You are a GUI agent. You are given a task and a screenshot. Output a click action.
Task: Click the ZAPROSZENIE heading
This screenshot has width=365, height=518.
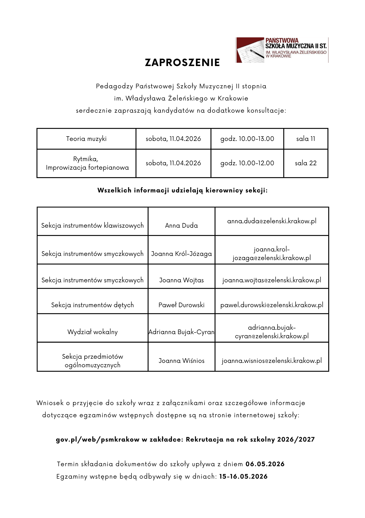coord(182,63)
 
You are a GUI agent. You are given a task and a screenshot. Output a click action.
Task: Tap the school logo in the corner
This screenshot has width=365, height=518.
coord(282,50)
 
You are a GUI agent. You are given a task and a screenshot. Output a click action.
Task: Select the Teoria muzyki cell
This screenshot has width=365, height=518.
coord(86,139)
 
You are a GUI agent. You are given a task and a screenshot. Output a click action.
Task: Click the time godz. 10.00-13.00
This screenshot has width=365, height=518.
coord(247,139)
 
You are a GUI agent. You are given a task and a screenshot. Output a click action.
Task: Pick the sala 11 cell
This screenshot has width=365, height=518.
coord(306,139)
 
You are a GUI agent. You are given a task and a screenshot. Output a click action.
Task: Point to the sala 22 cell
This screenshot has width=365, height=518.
coord(306,163)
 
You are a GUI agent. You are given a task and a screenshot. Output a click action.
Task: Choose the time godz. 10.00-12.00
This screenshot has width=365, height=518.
coord(247,163)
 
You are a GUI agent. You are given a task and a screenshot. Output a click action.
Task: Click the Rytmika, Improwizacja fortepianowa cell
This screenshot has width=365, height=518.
coord(87,163)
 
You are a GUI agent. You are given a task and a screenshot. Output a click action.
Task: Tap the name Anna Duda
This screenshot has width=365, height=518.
coord(181,226)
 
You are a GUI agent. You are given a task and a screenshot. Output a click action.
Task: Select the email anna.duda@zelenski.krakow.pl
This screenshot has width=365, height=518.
coord(272,221)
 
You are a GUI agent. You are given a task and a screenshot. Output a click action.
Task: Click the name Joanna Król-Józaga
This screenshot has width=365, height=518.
coord(181,254)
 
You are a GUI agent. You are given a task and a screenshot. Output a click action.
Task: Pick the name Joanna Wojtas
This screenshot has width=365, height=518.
coord(181,280)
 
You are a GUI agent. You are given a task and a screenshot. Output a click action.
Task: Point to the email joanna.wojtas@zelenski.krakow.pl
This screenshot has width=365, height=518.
coord(272,280)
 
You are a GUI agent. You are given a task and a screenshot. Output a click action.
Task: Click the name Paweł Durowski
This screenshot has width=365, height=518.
coord(181,305)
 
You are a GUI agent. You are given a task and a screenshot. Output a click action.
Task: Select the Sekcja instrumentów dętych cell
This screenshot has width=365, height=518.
coord(92,305)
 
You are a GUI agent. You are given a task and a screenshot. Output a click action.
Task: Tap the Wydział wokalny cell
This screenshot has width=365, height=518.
coord(92,332)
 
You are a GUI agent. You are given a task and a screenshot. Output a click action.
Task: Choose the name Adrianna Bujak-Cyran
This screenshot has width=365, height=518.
coord(181,332)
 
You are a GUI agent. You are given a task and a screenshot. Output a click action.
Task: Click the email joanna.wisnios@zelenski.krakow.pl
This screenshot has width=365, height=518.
coord(272,361)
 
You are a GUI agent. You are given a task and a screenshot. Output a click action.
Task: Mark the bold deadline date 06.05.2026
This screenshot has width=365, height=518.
coord(265,464)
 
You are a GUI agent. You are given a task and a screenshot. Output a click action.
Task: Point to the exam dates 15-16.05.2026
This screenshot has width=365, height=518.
coord(243,476)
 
